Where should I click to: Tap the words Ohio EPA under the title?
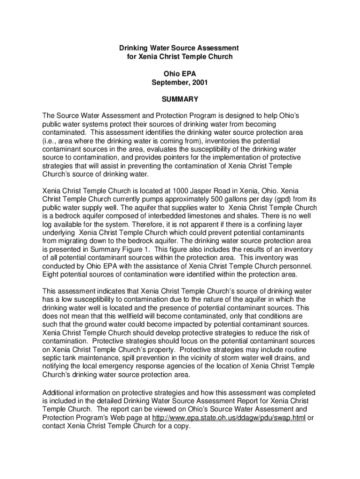tap(180, 73)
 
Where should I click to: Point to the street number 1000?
tap(181, 191)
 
